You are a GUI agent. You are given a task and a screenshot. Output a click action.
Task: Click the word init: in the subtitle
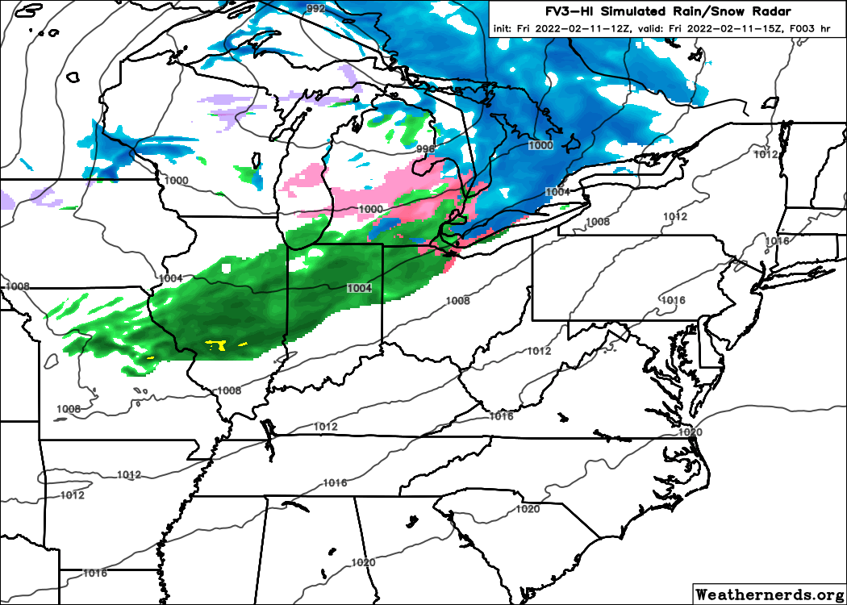pos(505,29)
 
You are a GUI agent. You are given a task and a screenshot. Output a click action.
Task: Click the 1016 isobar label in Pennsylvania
pos(673,301)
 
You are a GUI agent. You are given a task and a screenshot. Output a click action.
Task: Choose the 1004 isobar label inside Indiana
pos(360,288)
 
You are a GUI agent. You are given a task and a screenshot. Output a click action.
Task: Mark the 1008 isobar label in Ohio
pos(457,301)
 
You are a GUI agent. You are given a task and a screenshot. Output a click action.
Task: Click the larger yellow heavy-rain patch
pos(215,345)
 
